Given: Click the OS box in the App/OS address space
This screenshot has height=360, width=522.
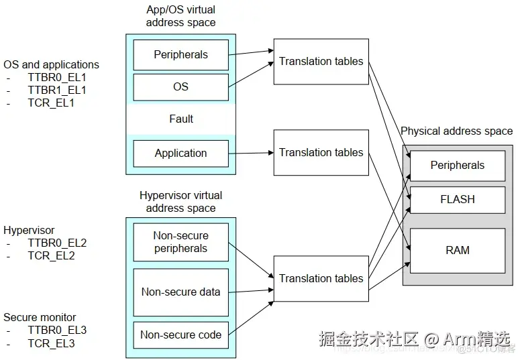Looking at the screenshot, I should tap(180, 86).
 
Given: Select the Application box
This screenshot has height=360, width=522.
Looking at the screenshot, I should tap(180, 153).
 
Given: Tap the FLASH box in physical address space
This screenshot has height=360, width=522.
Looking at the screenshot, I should tap(457, 199).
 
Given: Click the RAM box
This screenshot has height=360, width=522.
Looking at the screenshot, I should tap(457, 250).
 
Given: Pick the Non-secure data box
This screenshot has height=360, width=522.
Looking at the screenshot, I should tap(180, 292).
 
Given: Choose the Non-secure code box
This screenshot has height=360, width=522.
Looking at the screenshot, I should tap(180, 335).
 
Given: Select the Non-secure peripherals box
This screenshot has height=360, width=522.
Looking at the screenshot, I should tap(180, 242).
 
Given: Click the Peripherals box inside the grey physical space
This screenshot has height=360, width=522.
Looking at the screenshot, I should tap(457, 165).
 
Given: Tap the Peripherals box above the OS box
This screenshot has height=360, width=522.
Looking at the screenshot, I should tap(180, 54).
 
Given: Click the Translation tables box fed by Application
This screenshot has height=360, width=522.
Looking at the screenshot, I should tap(321, 152).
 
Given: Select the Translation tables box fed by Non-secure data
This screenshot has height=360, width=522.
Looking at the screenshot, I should tap(321, 278).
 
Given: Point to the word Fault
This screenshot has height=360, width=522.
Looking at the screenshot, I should tap(180, 119).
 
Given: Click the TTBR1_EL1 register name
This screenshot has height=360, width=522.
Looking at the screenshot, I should tap(56, 90).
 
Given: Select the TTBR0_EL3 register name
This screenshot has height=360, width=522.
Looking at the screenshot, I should tap(56, 330).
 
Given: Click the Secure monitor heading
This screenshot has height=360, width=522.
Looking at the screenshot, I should tap(40, 317).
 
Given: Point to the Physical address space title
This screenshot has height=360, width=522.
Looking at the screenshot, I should tap(456, 131).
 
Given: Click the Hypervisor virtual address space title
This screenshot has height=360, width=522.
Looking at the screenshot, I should tap(180, 202).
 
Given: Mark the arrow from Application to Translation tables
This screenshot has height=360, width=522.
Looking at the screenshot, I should tap(251, 153).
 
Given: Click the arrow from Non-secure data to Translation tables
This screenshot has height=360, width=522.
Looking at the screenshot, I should tap(251, 290).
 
